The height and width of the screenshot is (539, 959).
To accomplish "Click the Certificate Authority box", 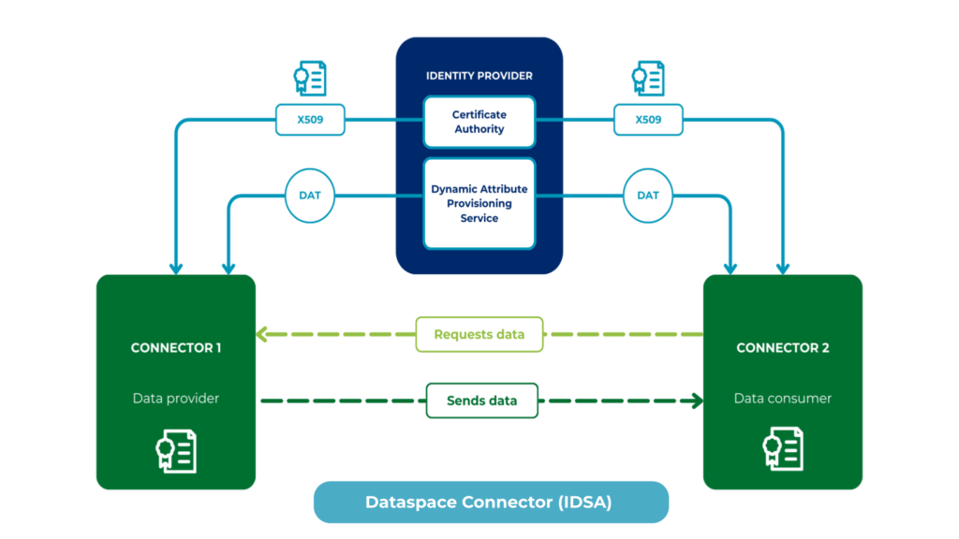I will coord(479,122).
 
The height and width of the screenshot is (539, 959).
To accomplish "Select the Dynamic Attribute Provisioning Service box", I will coord(479,203).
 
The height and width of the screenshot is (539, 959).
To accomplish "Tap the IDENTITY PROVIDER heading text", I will coord(479,75).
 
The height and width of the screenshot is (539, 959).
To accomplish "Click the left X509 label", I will coord(310,120).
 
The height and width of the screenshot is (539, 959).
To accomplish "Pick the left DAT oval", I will coord(310,196).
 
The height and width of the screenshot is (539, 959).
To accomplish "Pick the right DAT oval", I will coord(648,196).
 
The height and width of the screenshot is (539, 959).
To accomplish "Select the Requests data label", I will coord(479,334).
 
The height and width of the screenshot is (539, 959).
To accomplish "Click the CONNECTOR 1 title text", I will coord(176,348).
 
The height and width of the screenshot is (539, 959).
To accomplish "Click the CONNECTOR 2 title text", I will coord(782,348).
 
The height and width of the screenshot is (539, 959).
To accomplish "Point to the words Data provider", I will coord(176,399).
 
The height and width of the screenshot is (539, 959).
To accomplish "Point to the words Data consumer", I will coord(782,399).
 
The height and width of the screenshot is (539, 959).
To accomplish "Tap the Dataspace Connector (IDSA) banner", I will coord(490,503).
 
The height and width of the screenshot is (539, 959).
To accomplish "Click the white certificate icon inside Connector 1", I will coord(175,451).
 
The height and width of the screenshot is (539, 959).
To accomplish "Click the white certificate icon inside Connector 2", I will coord(782,451).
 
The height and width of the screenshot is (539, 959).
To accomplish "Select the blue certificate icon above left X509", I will coord(309,79).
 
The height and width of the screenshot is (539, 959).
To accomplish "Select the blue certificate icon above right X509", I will coord(648,79).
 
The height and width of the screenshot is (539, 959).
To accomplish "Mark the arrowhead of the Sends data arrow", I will coord(697,401).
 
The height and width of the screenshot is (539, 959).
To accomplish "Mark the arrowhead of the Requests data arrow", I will coord(262,333).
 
